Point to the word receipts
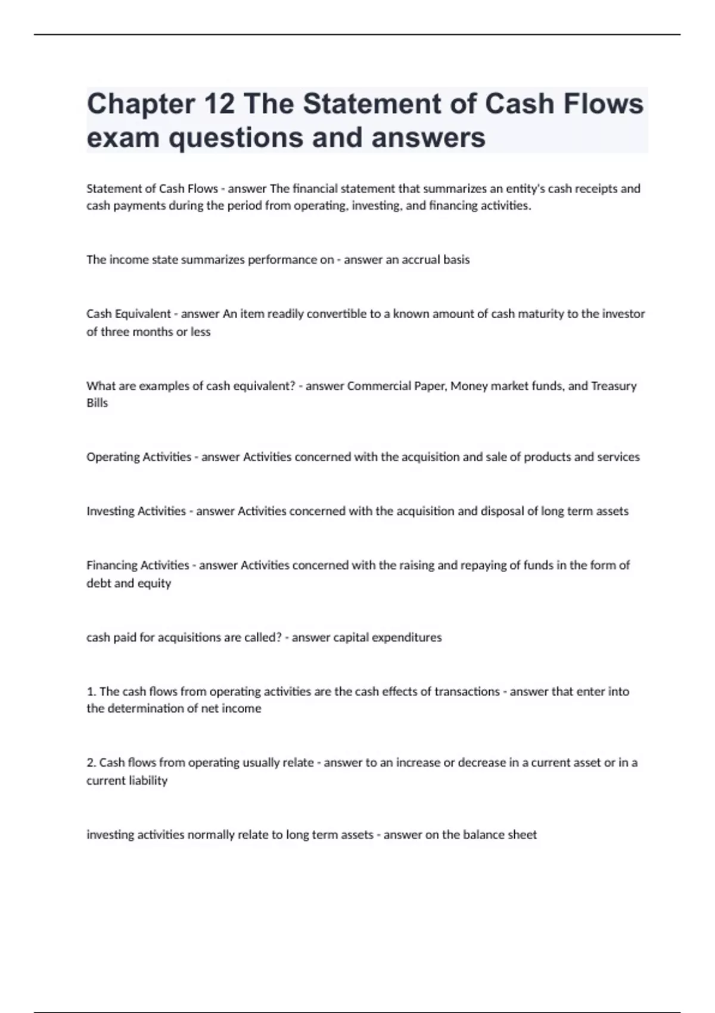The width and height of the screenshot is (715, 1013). tap(596, 189)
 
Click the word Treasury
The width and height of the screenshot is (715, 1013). tap(614, 386)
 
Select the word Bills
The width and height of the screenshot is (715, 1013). tap(97, 403)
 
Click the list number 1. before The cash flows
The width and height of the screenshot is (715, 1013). tap(91, 692)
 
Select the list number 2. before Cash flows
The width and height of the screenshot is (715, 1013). tap(91, 763)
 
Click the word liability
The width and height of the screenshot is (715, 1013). tap(148, 781)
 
